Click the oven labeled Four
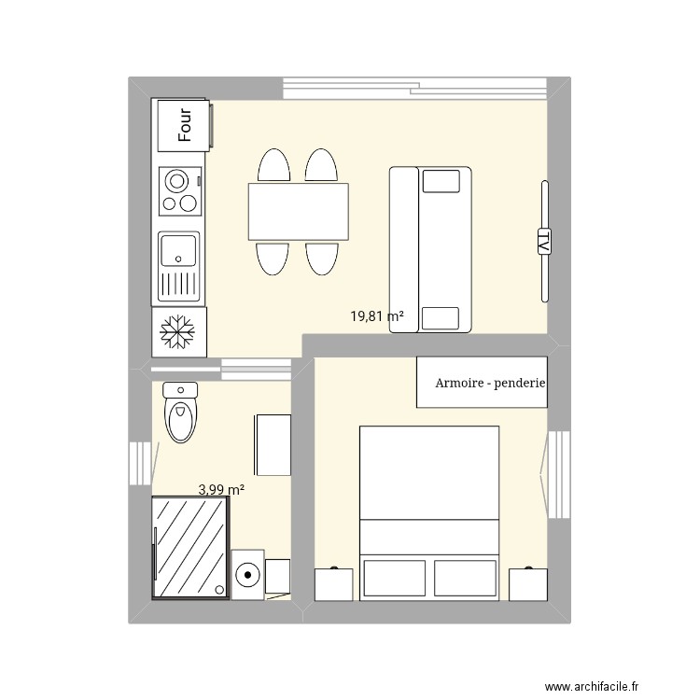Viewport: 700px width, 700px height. point(185,125)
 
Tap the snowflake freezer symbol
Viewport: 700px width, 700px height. point(176,333)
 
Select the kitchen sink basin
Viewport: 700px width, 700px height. point(177,251)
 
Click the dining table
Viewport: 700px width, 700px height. point(298,211)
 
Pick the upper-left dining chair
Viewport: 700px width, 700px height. point(274,166)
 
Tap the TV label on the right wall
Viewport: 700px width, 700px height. point(543,241)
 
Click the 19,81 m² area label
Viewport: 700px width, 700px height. point(377,316)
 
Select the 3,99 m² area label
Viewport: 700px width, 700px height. point(221,488)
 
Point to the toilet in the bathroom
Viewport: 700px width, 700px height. point(180,411)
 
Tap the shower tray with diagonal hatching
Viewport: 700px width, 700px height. point(189,547)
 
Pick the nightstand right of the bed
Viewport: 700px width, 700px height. point(526,583)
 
